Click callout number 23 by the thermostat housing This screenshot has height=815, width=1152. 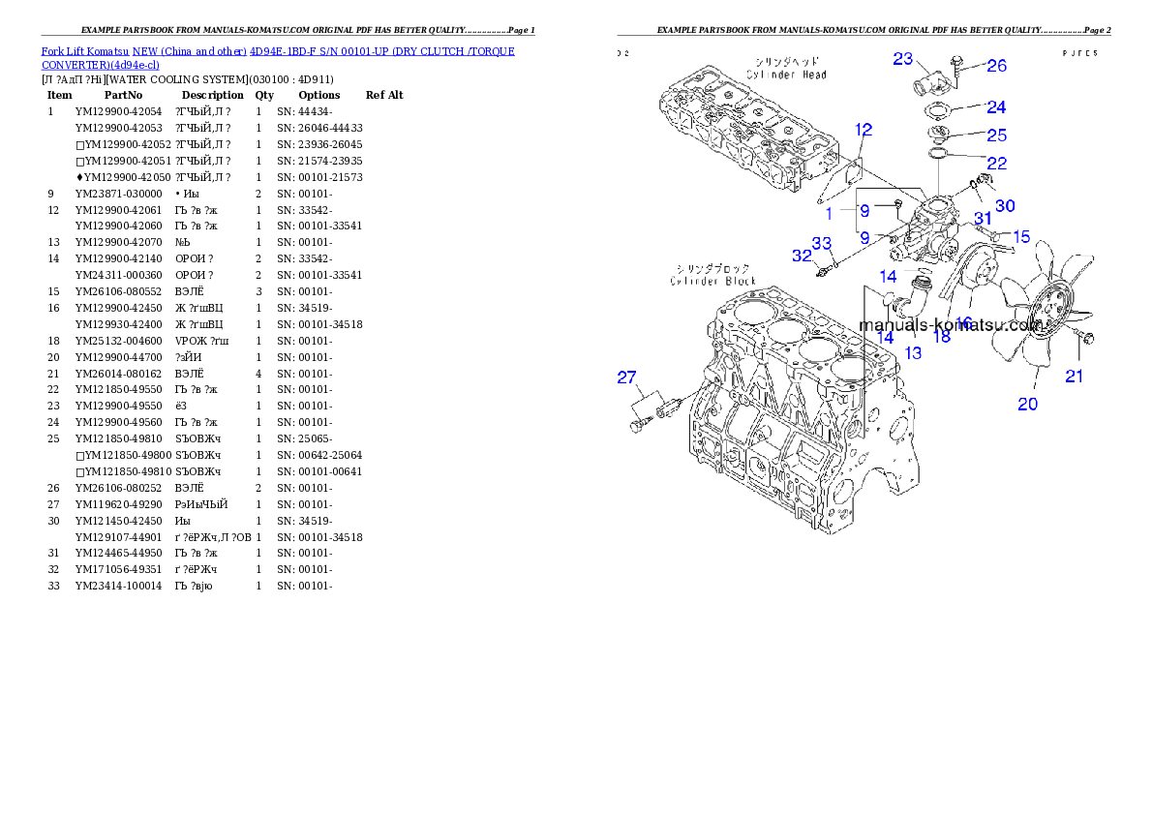[x=902, y=59]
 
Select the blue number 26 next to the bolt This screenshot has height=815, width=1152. [x=996, y=66]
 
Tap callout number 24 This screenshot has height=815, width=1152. [x=996, y=106]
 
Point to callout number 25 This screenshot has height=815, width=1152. [x=996, y=136]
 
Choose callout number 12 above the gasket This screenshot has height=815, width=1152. [x=864, y=129]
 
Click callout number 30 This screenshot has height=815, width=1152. [x=1005, y=205]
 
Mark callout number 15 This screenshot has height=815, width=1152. [x=1021, y=235]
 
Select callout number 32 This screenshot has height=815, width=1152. [x=802, y=256]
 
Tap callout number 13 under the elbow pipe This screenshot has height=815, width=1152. [x=913, y=353]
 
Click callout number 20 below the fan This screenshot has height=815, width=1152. [x=1027, y=404]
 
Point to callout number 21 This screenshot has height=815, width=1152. [x=1075, y=376]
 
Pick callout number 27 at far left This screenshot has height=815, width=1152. [x=627, y=377]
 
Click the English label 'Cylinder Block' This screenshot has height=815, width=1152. [x=713, y=281]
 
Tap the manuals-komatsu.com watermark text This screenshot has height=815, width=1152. [x=949, y=325]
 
